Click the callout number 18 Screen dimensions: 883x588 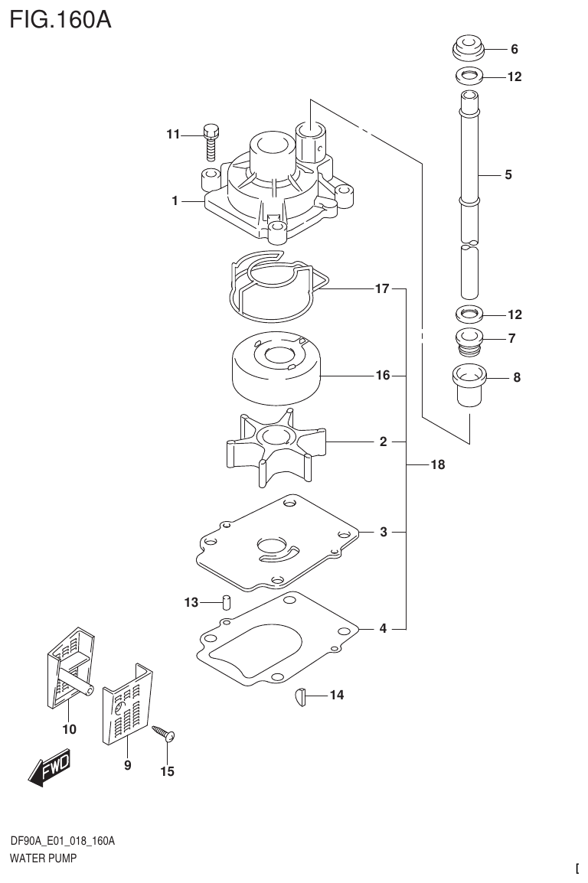pos(437,464)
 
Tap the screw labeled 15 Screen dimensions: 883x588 pos(165,734)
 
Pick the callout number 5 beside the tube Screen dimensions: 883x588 pos(508,174)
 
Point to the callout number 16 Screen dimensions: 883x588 pos(383,376)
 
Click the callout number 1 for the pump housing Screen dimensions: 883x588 pos(175,201)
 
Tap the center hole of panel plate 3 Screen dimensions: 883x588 pos(272,546)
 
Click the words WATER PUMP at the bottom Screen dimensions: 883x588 pos(44,859)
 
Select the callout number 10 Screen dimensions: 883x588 pos(69,729)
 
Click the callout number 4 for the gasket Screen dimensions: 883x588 pos(383,628)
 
